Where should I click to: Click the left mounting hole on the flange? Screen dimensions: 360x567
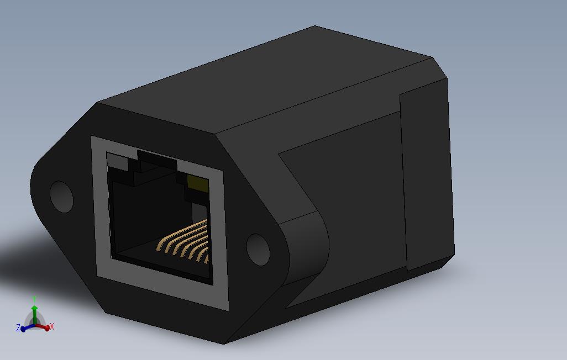(61, 196)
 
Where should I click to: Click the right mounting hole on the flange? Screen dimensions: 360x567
(258, 249)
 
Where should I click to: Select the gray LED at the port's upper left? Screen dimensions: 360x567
(117, 161)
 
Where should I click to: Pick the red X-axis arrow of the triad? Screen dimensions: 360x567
(44, 327)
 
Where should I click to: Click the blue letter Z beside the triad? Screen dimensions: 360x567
(18, 328)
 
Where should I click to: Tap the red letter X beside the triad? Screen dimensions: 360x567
(52, 327)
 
